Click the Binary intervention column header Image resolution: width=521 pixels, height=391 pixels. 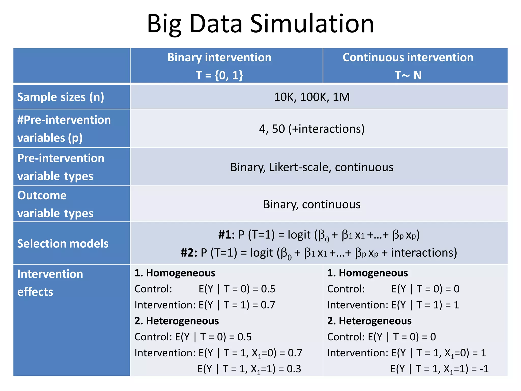219,57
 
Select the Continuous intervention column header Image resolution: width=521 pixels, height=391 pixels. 408,57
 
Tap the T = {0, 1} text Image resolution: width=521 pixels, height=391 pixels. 219,75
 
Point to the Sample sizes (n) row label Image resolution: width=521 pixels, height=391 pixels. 61,97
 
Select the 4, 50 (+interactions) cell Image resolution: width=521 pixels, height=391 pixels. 312,129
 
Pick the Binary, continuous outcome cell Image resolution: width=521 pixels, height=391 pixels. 312,204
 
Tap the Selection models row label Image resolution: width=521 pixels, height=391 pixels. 63,244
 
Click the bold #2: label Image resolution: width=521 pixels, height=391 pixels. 189,253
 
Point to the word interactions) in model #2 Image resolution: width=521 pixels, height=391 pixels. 424,253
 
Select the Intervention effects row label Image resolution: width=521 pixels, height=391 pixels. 50,283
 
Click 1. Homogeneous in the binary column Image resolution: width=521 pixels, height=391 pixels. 175,273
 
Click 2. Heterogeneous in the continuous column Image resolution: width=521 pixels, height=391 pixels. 369,321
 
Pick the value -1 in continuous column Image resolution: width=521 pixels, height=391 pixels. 484,369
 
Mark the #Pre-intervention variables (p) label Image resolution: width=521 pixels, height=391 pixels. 64,129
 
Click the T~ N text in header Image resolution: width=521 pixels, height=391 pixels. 408,75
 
